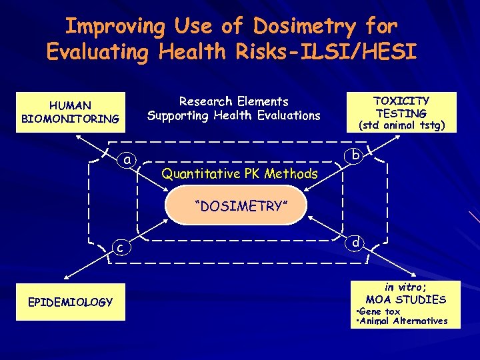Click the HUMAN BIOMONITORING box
coord(70,112)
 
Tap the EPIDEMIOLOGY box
coord(70,303)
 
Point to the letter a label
coord(127,160)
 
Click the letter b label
coord(357,155)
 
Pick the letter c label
coord(119,248)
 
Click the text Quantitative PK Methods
coord(240,174)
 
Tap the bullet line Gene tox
coord(378,311)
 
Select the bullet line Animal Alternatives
coord(402,321)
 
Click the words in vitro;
coord(405,287)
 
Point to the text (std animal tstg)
coord(402,125)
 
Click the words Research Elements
coord(234,101)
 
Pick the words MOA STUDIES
coord(405,299)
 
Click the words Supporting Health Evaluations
coord(234,115)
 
